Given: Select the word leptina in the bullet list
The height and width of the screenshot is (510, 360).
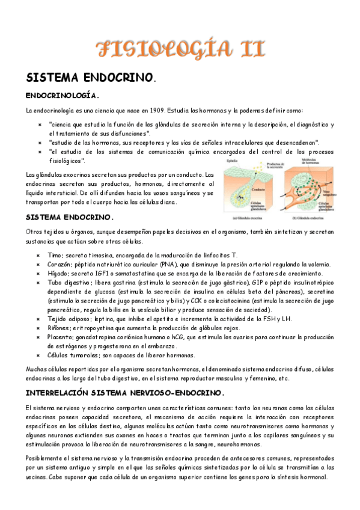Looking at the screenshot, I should pyautogui.click(x=98, y=319).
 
